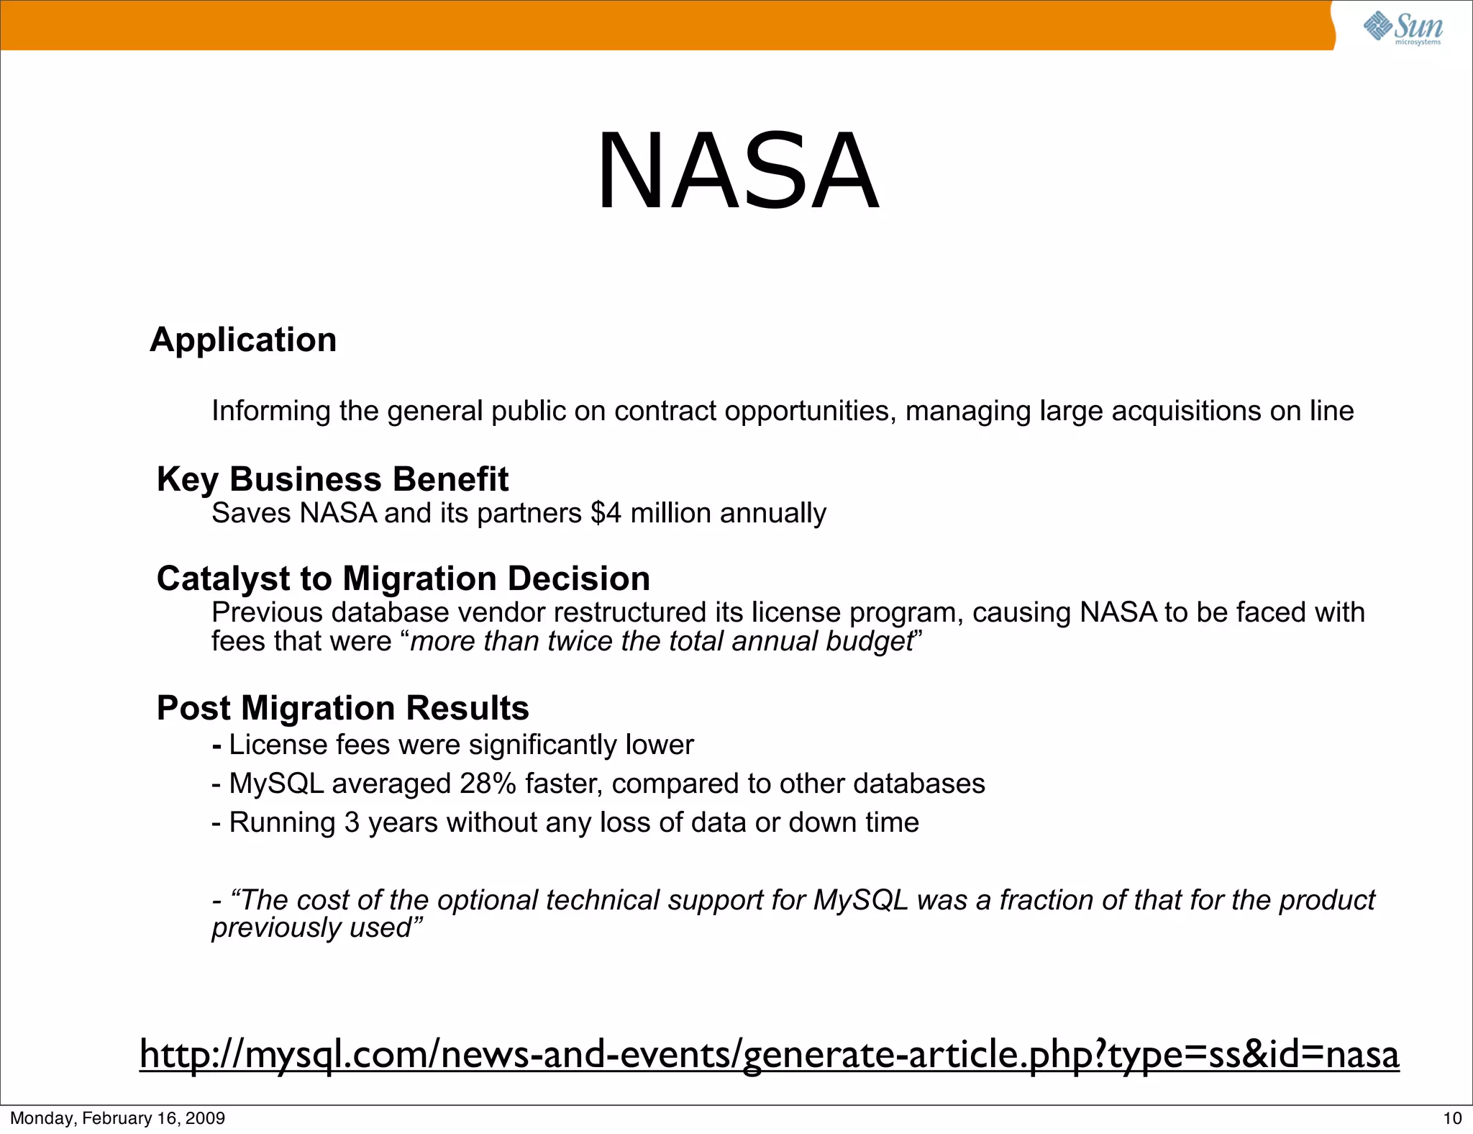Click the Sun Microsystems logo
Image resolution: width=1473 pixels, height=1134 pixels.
coord(1403,28)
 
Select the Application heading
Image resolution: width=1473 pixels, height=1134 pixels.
coord(243,340)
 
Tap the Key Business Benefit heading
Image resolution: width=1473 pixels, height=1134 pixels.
coord(332,479)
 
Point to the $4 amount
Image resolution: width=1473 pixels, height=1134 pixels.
coord(606,514)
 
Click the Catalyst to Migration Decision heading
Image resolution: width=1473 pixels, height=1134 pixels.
coord(403,579)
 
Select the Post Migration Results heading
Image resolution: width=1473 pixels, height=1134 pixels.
coord(342,708)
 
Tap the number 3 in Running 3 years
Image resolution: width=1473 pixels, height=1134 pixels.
coord(352,822)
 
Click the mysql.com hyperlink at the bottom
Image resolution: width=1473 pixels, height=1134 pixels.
coord(769,1054)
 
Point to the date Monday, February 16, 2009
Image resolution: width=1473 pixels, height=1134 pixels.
coord(117,1118)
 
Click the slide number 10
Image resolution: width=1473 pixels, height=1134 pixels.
coord(1452,1118)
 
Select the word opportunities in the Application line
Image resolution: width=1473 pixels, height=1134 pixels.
coord(810,412)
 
